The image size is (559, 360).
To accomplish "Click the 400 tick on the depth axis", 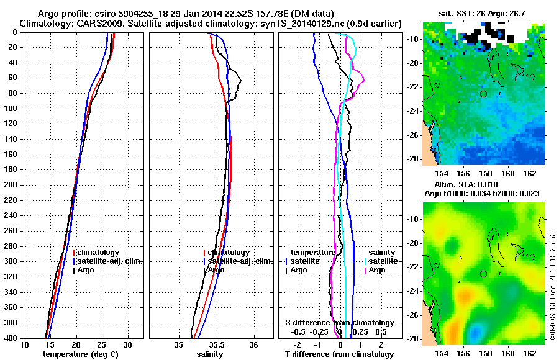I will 10,338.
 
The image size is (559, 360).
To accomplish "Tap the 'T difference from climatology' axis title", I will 339,354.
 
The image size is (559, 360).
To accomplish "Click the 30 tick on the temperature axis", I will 127,345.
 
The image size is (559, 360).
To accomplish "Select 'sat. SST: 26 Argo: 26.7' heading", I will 483,13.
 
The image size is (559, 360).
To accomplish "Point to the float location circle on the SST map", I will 483,93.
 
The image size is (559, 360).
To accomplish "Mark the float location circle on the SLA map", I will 483,274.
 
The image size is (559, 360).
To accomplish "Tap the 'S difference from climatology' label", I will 339,323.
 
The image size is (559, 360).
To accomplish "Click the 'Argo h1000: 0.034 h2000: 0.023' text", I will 482,194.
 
